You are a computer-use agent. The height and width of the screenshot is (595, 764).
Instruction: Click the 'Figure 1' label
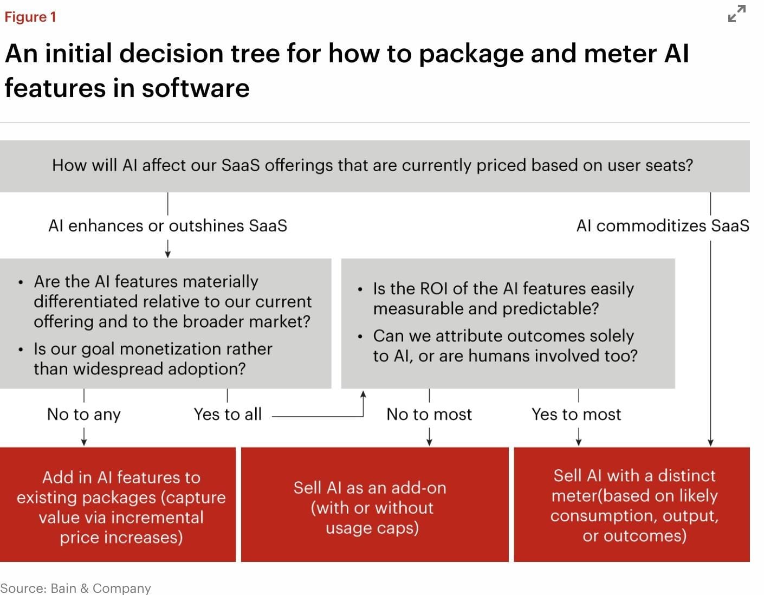(30, 17)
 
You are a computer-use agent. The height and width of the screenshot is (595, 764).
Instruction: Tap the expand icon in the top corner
(736, 14)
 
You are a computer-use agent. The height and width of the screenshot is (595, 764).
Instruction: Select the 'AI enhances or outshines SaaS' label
(167, 225)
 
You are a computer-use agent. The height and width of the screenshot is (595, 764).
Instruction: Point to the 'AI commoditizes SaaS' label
(662, 225)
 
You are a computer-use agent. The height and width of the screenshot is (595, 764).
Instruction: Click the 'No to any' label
(84, 415)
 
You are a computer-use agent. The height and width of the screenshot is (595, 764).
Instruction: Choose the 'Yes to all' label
(228, 415)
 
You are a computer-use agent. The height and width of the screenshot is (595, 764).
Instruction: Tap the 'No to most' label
(429, 415)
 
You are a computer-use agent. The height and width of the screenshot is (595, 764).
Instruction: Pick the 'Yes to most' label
(576, 415)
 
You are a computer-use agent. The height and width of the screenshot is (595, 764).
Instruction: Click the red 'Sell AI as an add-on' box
(374, 505)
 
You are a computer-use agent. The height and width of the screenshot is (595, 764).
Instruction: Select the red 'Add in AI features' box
(118, 505)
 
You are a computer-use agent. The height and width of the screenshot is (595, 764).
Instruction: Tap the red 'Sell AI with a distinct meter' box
(632, 505)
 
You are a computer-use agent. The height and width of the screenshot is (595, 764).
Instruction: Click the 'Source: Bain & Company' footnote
(75, 588)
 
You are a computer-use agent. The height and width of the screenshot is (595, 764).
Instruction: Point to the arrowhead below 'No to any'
(84, 442)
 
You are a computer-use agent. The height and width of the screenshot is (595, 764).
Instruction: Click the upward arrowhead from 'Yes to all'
(363, 394)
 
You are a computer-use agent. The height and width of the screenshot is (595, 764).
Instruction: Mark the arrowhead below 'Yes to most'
(579, 442)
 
